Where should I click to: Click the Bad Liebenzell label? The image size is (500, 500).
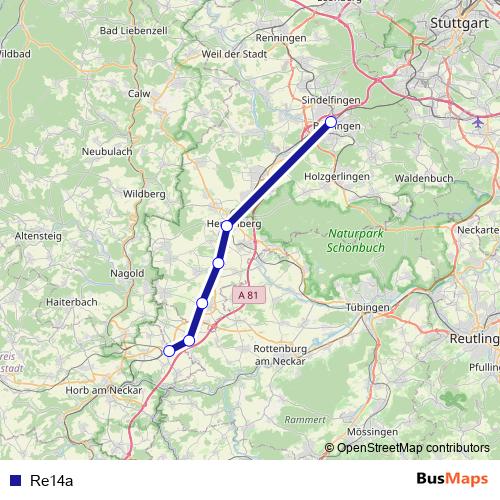tap(133, 32)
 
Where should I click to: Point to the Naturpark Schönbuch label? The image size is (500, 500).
tap(356, 240)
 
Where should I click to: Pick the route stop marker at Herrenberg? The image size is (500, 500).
tap(228, 226)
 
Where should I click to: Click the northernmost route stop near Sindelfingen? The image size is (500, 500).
tap(331, 122)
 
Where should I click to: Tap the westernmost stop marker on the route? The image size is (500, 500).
tap(169, 350)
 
